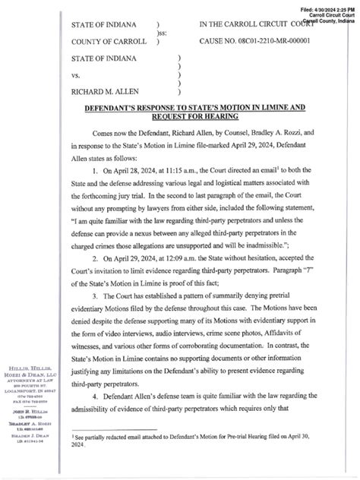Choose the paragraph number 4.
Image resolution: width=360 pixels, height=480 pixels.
(x=93, y=400)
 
